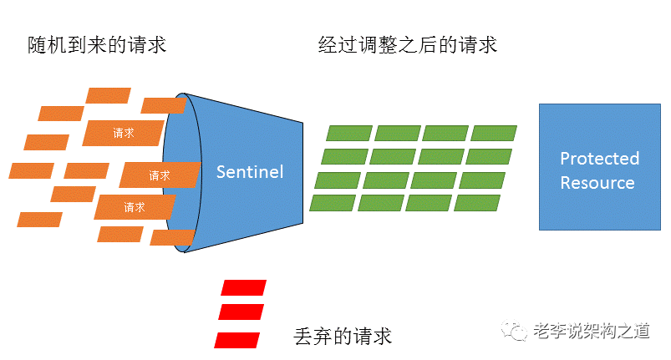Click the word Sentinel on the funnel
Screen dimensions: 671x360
[x=250, y=172]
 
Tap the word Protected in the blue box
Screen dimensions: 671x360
[x=599, y=159]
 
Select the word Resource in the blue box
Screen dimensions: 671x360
[x=597, y=183]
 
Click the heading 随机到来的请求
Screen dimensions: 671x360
[x=97, y=45]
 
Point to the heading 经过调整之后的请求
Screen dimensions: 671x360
[x=408, y=45]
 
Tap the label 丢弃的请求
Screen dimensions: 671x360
[x=343, y=336]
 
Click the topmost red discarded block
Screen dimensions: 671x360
[x=244, y=287]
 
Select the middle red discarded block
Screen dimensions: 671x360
[x=241, y=312]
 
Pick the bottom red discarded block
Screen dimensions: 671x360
[x=237, y=340]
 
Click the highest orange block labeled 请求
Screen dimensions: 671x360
[x=123, y=133]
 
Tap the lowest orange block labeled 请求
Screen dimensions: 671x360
[x=135, y=207]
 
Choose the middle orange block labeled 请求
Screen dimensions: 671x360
[x=160, y=175]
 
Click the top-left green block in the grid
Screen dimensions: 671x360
[x=349, y=133]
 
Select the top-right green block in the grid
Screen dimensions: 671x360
[x=494, y=133]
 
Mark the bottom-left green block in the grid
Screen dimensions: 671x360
[x=333, y=203]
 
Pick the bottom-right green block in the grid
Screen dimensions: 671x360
[x=477, y=203]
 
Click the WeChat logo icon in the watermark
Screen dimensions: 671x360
[x=515, y=330]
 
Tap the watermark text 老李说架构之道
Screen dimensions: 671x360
[x=592, y=331]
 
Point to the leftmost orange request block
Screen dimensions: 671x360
[x=31, y=170]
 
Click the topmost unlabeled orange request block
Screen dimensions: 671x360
[x=109, y=95]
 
